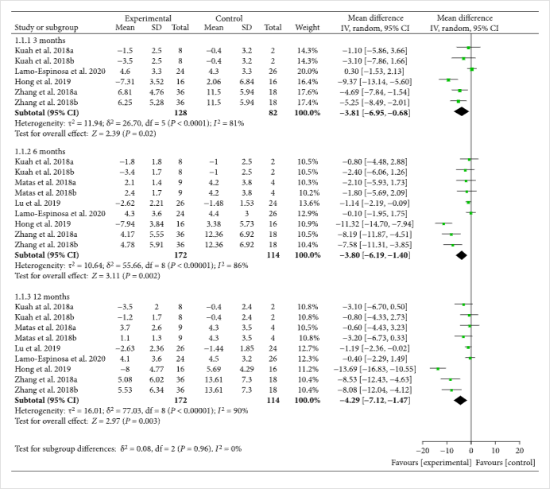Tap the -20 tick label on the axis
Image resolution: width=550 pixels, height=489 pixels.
point(424,452)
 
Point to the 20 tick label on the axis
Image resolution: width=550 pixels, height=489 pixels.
point(520,452)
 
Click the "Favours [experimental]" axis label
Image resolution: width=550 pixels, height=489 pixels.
point(429,463)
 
